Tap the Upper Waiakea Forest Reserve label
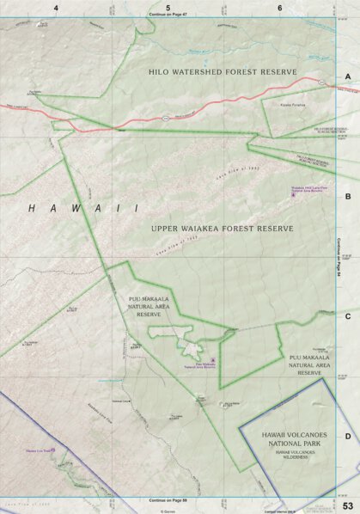tap(223, 229)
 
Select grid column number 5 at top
tap(168, 8)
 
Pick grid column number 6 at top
tap(280, 8)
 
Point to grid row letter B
tap(348, 197)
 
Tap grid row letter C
tap(348, 316)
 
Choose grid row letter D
tap(348, 436)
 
